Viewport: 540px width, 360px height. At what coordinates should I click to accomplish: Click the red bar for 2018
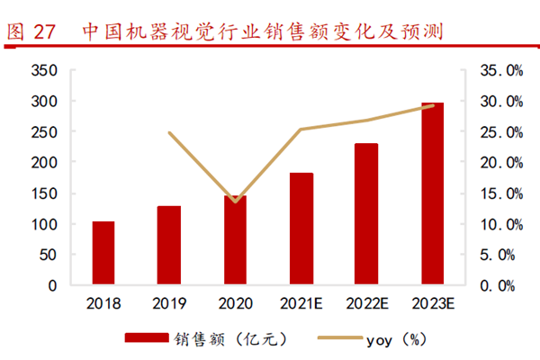pyautogui.click(x=103, y=253)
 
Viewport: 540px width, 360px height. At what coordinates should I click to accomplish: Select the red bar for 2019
pyautogui.click(x=169, y=246)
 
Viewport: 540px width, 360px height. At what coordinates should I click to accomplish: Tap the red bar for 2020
pyautogui.click(x=235, y=240)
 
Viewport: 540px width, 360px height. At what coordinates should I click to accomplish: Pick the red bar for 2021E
pyautogui.click(x=301, y=229)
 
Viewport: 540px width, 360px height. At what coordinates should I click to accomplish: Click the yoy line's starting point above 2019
pyautogui.click(x=169, y=132)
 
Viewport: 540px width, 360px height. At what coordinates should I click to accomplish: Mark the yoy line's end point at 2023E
pyautogui.click(x=433, y=105)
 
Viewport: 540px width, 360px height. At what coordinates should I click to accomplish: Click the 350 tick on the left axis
pyautogui.click(x=45, y=70)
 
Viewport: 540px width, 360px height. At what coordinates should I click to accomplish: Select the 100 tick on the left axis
pyautogui.click(x=45, y=224)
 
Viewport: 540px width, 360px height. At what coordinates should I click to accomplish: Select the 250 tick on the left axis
pyautogui.click(x=45, y=132)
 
